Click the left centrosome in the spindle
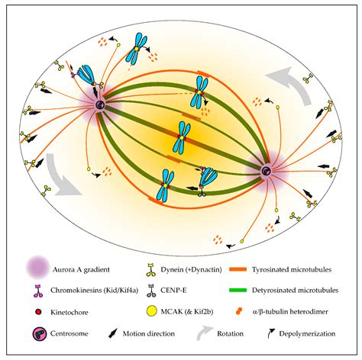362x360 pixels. point(100,104)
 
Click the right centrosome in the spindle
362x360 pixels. point(267,171)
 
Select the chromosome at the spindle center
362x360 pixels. point(182,137)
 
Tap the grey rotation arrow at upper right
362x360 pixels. point(290,84)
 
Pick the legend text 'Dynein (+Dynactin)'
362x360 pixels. point(191,269)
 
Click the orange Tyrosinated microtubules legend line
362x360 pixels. point(238,269)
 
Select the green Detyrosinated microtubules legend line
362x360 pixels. point(238,290)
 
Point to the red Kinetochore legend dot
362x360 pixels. point(38,312)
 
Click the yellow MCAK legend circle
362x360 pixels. point(151,312)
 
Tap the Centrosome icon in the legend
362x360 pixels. point(40,334)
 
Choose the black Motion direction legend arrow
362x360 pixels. point(113,333)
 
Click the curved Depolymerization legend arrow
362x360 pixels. point(270,333)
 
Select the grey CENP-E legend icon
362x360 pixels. point(151,291)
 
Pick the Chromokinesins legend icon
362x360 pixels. point(39,291)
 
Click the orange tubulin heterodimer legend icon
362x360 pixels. point(238,311)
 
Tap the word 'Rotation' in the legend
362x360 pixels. point(230,333)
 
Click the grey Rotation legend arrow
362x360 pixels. point(205,333)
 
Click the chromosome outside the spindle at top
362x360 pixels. point(136,49)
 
